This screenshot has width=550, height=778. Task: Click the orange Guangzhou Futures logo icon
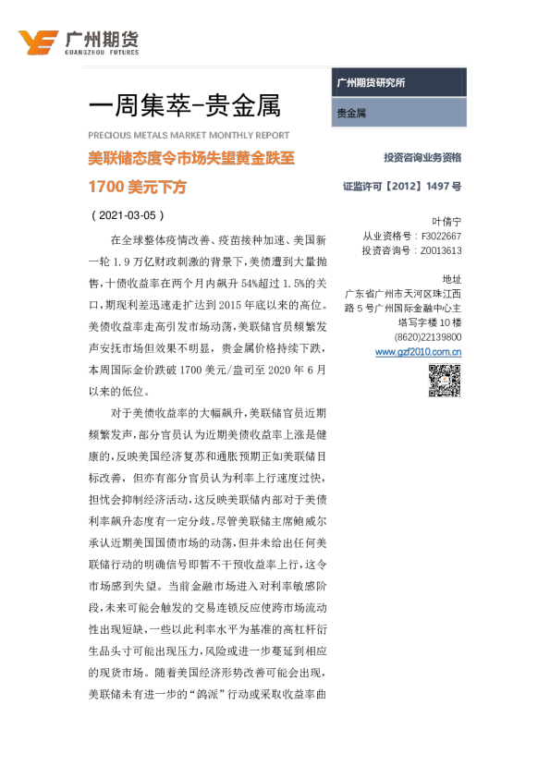tap(38, 43)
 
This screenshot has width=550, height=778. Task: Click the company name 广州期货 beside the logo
tap(102, 39)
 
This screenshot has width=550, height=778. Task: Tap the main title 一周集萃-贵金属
tap(185, 105)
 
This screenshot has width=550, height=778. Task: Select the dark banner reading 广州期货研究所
tap(399, 82)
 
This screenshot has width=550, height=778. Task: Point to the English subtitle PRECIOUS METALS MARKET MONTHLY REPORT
tap(189, 135)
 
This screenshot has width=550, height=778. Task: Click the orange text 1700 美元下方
tap(138, 187)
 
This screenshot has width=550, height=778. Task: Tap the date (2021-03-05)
tap(128, 215)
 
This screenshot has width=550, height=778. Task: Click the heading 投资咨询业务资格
tap(422, 157)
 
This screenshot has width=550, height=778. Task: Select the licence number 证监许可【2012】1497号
tap(402, 186)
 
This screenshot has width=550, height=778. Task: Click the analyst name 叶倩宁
tap(446, 221)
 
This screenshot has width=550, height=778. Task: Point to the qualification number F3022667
tap(441, 237)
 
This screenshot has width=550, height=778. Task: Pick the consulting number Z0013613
tap(441, 250)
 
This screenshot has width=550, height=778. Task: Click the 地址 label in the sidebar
tap(452, 279)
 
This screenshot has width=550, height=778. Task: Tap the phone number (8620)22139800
tap(428, 337)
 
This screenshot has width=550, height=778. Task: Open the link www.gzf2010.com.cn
tap(419, 352)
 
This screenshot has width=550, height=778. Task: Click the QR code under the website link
tap(445, 381)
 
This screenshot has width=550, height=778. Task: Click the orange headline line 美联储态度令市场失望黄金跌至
tap(191, 158)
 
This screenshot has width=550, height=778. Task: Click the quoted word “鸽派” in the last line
tap(207, 694)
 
